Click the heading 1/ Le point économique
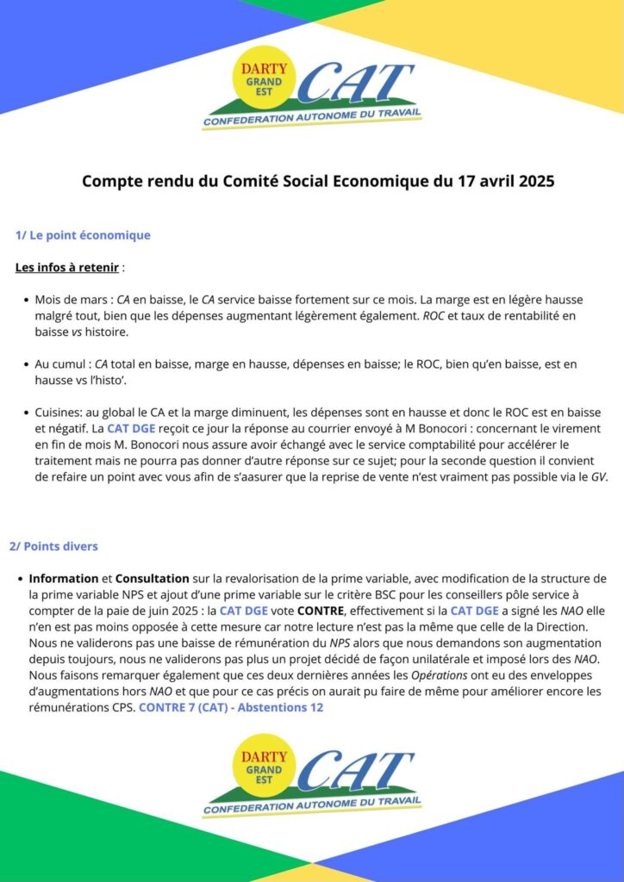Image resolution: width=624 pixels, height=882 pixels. pyautogui.click(x=83, y=235)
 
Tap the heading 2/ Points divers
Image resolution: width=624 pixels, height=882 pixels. pyautogui.click(x=53, y=546)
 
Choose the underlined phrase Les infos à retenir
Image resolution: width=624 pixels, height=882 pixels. pyautogui.click(x=67, y=267)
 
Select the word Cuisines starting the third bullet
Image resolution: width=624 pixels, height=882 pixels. pyautogui.click(x=58, y=413)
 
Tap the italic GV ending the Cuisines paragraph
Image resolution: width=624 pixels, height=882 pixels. pyautogui.click(x=598, y=476)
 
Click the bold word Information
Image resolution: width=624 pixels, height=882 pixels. pyautogui.click(x=64, y=578)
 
